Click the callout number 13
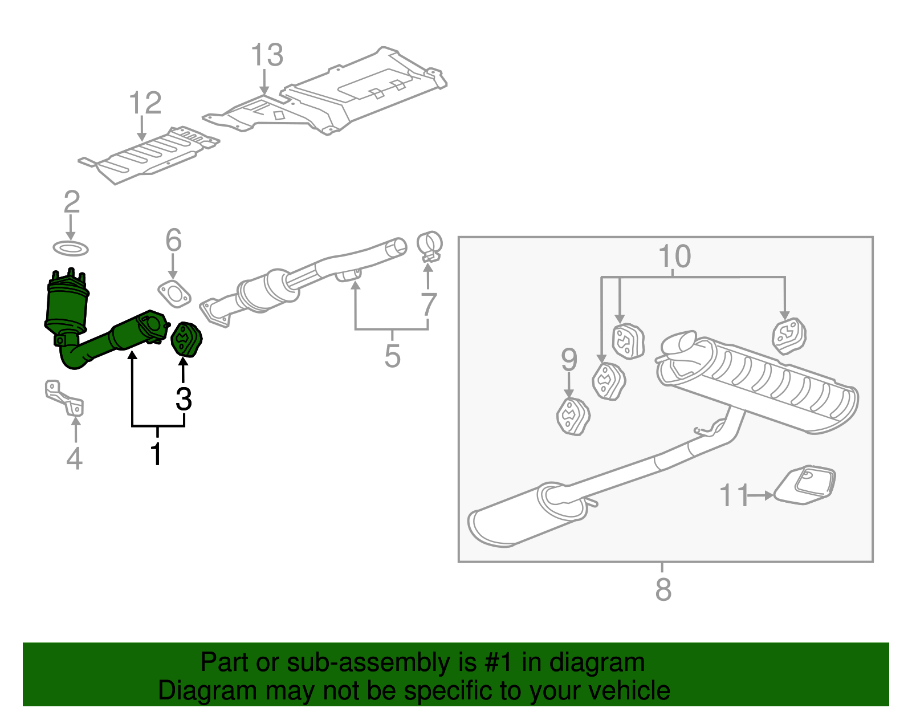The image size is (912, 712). point(267,55)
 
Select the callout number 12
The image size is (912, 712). point(145,103)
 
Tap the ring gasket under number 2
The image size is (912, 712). point(71,249)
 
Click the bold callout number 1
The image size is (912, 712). point(156,453)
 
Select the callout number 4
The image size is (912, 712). point(74,458)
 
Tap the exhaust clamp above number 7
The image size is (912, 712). point(430,246)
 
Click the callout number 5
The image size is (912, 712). point(392,356)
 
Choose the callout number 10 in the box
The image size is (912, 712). point(674,257)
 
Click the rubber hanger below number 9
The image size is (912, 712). point(572,417)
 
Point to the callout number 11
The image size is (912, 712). point(734,495)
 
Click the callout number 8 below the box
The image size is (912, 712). point(663,589)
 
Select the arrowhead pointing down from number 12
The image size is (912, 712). point(142,137)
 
